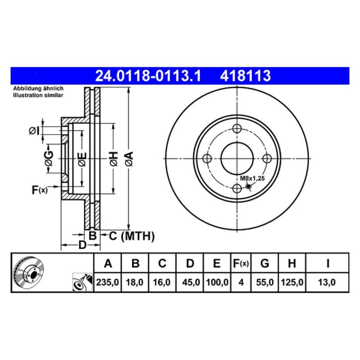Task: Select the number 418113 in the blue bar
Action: pyautogui.click(x=245, y=76)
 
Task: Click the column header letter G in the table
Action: pyautogui.click(x=265, y=264)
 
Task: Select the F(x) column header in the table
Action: pyautogui.click(x=241, y=264)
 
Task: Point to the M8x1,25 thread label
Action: pyautogui.click(x=252, y=179)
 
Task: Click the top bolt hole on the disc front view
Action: pyautogui.click(x=237, y=128)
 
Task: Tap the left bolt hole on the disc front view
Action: pyautogui.click(x=207, y=158)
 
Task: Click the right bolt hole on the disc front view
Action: pyautogui.click(x=267, y=158)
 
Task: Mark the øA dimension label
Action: pyautogui.click(x=129, y=158)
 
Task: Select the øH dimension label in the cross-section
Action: pyautogui.click(x=113, y=158)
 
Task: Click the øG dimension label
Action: pyautogui.click(x=49, y=158)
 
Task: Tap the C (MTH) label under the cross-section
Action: pyautogui.click(x=131, y=236)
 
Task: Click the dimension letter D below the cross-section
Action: pyautogui.click(x=83, y=245)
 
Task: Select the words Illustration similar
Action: pyautogui.click(x=38, y=95)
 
